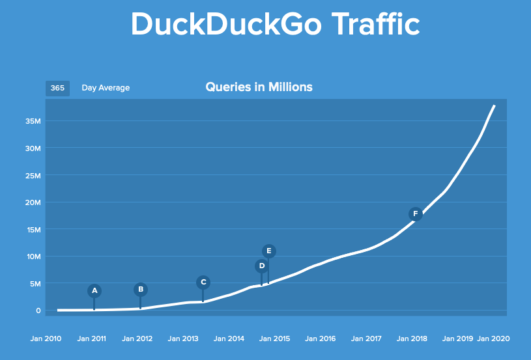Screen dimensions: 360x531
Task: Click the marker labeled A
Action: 94,290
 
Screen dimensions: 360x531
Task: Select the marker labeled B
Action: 141,289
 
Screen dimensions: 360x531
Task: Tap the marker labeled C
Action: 203,282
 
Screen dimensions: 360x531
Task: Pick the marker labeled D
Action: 262,266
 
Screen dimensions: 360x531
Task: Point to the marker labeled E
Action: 269,251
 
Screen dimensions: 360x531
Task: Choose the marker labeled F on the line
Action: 415,214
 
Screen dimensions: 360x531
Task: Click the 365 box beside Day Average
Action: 57,88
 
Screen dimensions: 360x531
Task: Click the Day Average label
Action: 106,88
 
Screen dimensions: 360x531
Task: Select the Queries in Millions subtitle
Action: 259,87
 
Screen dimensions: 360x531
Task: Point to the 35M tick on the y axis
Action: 34,121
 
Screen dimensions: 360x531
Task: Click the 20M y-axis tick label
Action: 34,202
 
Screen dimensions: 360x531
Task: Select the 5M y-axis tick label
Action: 35,283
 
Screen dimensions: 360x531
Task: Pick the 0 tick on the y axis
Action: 38,311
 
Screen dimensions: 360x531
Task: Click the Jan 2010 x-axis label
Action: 46,339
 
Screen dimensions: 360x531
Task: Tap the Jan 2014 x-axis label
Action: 229,339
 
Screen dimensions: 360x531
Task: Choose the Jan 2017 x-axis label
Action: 366,339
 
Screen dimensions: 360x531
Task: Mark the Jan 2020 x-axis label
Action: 493,339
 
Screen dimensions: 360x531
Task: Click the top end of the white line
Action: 495,105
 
